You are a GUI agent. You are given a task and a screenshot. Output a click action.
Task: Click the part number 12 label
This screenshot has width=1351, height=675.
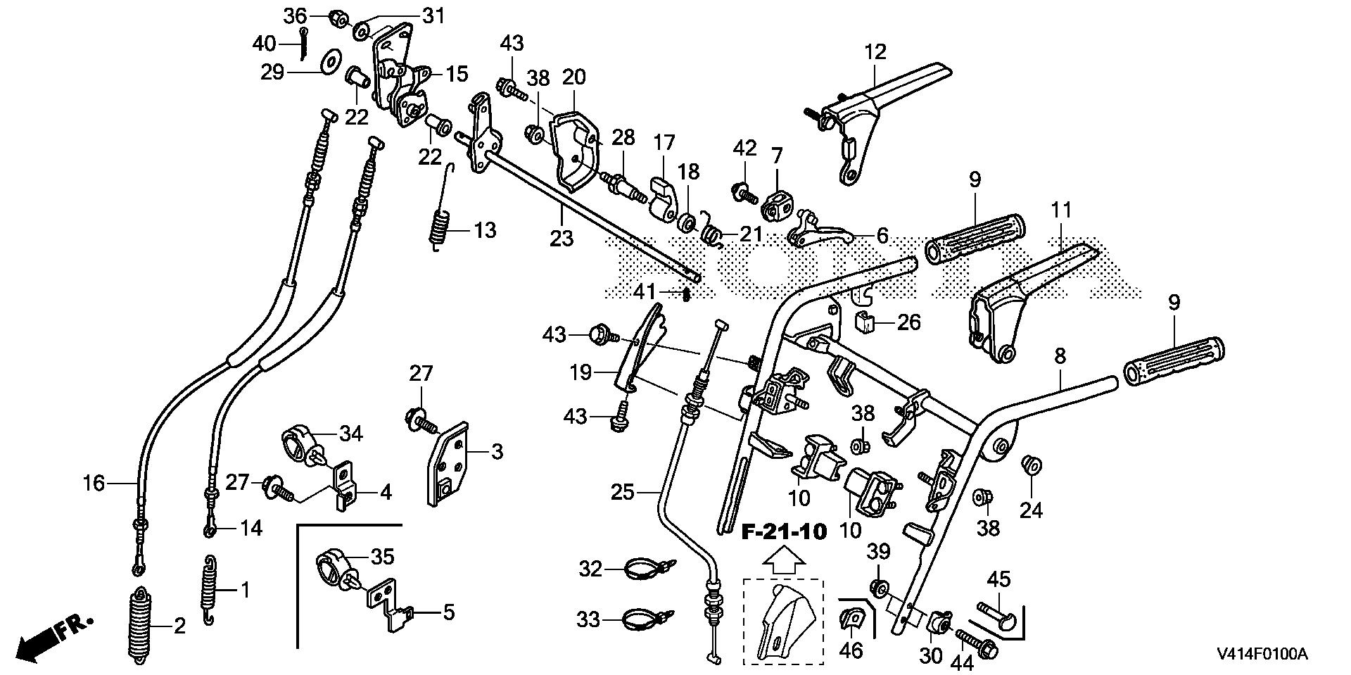click(x=875, y=52)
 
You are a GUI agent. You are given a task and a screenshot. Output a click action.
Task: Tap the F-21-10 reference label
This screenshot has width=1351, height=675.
click(x=784, y=531)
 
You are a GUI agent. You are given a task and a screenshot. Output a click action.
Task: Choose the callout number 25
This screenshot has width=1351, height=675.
click(x=622, y=492)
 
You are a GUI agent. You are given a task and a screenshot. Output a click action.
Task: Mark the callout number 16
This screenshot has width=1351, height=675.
click(x=93, y=483)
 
